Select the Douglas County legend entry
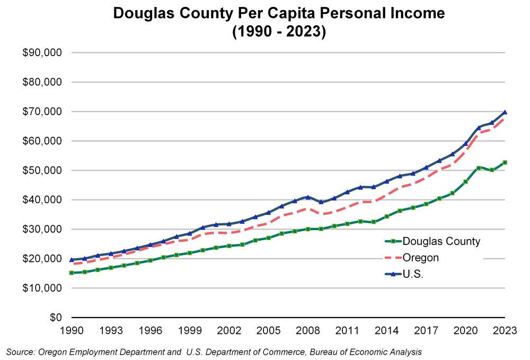pyautogui.click(x=440, y=242)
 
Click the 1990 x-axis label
pyautogui.click(x=72, y=330)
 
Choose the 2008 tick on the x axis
pyautogui.click(x=308, y=330)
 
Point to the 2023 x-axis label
pyautogui.click(x=505, y=330)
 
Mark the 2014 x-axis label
pyautogui.click(x=387, y=330)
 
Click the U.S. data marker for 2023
pyautogui.click(x=505, y=112)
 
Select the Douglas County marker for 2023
pyautogui.click(x=505, y=162)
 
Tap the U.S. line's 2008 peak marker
pyautogui.click(x=308, y=197)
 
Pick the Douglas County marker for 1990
pyautogui.click(x=72, y=273)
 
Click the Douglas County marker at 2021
pyautogui.click(x=479, y=168)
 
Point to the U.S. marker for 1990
pyautogui.click(x=72, y=260)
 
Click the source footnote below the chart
pyautogui.click(x=214, y=352)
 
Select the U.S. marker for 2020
pyautogui.click(x=466, y=144)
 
